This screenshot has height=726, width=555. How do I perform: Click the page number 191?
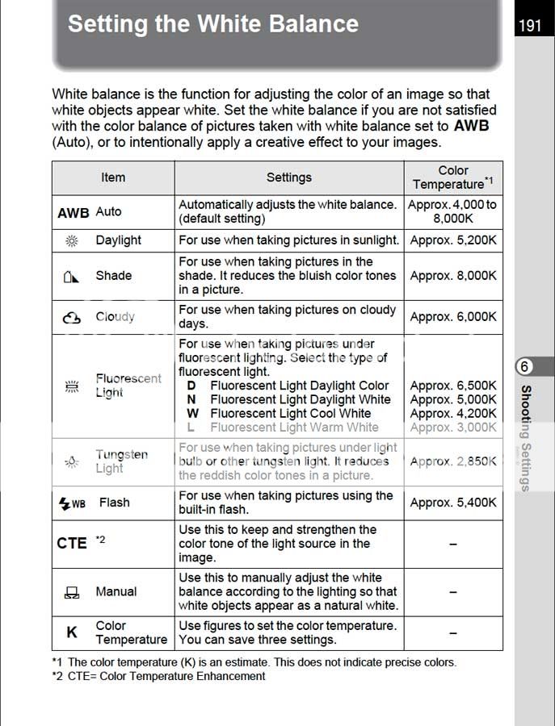pyautogui.click(x=530, y=26)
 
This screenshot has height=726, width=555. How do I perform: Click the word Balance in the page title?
pyautogui.click(x=303, y=23)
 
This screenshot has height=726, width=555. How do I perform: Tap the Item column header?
pyautogui.click(x=113, y=177)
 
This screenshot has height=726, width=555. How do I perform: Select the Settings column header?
pyautogui.click(x=288, y=177)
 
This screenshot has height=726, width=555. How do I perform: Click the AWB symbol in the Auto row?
pyautogui.click(x=74, y=212)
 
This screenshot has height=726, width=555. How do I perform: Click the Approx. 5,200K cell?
pyautogui.click(x=453, y=240)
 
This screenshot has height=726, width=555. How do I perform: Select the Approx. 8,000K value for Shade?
pyautogui.click(x=453, y=276)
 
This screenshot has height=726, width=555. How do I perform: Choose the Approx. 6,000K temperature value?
pyautogui.click(x=453, y=317)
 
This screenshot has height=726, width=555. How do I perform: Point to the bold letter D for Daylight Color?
pyautogui.click(x=191, y=386)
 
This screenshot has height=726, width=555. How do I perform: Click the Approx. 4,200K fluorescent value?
pyautogui.click(x=453, y=414)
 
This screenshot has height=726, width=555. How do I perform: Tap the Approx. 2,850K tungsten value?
pyautogui.click(x=453, y=461)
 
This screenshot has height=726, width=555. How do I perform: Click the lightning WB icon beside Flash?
pyautogui.click(x=72, y=503)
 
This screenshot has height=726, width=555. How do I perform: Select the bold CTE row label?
pyautogui.click(x=72, y=544)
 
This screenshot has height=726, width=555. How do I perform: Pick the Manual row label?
pyautogui.click(x=116, y=591)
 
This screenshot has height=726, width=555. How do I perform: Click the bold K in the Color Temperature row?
pyautogui.click(x=72, y=632)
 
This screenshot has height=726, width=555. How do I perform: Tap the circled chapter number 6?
pyautogui.click(x=524, y=367)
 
